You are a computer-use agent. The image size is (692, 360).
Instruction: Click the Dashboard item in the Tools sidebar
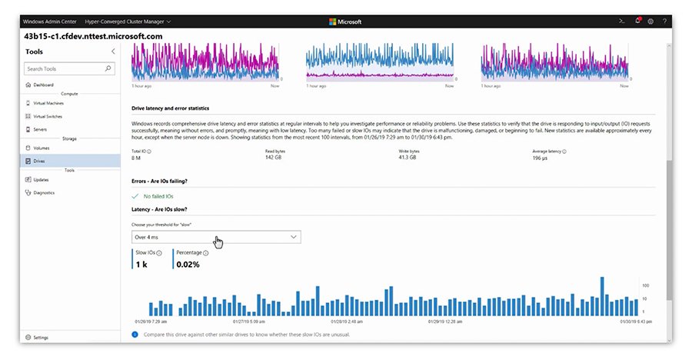(44, 85)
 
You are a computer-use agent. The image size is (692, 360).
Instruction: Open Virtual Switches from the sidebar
(48, 116)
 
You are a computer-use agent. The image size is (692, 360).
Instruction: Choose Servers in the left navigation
(41, 129)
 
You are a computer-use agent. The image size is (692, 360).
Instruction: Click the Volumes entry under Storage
(42, 148)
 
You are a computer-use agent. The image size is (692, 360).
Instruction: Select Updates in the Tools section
(42, 179)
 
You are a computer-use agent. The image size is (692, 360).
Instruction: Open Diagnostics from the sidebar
(45, 192)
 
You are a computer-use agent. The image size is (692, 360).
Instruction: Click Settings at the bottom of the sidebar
(41, 337)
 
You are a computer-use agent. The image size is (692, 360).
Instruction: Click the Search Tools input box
(65, 68)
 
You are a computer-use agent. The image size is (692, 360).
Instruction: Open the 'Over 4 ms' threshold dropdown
(216, 237)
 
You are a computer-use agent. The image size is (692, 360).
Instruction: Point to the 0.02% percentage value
(189, 264)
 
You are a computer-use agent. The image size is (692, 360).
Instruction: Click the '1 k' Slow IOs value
(142, 264)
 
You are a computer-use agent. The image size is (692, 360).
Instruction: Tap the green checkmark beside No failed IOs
(136, 196)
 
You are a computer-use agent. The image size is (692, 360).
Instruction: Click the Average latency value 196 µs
(541, 159)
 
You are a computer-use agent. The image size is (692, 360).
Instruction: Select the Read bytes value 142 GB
(275, 159)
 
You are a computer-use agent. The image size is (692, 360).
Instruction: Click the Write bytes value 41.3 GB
(409, 159)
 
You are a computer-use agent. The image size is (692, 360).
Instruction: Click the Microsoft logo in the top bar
(345, 22)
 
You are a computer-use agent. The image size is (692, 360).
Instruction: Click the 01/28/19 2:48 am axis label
(348, 322)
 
